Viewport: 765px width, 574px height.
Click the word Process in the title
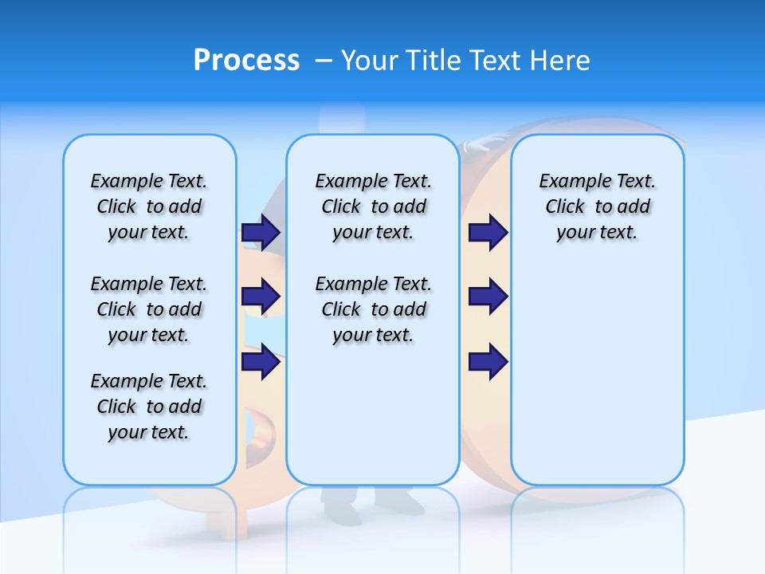(x=246, y=60)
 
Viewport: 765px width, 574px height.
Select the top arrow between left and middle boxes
(x=261, y=232)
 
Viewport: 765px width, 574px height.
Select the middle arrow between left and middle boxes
(x=261, y=297)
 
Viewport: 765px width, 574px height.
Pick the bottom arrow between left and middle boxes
(x=261, y=363)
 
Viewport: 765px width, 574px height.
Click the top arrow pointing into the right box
(x=488, y=232)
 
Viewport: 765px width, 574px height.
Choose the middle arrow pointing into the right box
(x=488, y=297)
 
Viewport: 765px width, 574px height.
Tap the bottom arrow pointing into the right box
(x=488, y=363)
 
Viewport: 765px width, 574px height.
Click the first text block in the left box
(x=149, y=206)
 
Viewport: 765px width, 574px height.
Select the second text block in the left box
(x=149, y=309)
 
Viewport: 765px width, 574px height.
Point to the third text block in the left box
(x=149, y=407)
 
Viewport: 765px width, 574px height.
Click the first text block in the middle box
(x=374, y=206)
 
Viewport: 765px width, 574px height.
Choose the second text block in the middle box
(x=374, y=309)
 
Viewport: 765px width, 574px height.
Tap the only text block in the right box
(x=598, y=206)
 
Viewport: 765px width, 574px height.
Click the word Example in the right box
(x=568, y=182)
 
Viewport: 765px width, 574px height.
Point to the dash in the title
(x=324, y=61)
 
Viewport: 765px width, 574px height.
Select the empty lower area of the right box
(x=598, y=383)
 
